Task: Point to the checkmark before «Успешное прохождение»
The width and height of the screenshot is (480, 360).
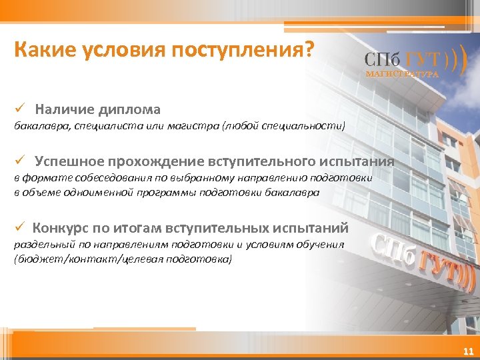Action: [21, 161]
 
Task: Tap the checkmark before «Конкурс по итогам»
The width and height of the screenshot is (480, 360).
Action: [21, 227]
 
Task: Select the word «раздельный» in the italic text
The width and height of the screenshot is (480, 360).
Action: [42, 244]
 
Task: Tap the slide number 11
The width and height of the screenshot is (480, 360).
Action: [467, 351]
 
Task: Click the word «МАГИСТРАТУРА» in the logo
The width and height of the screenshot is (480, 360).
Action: [402, 74]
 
